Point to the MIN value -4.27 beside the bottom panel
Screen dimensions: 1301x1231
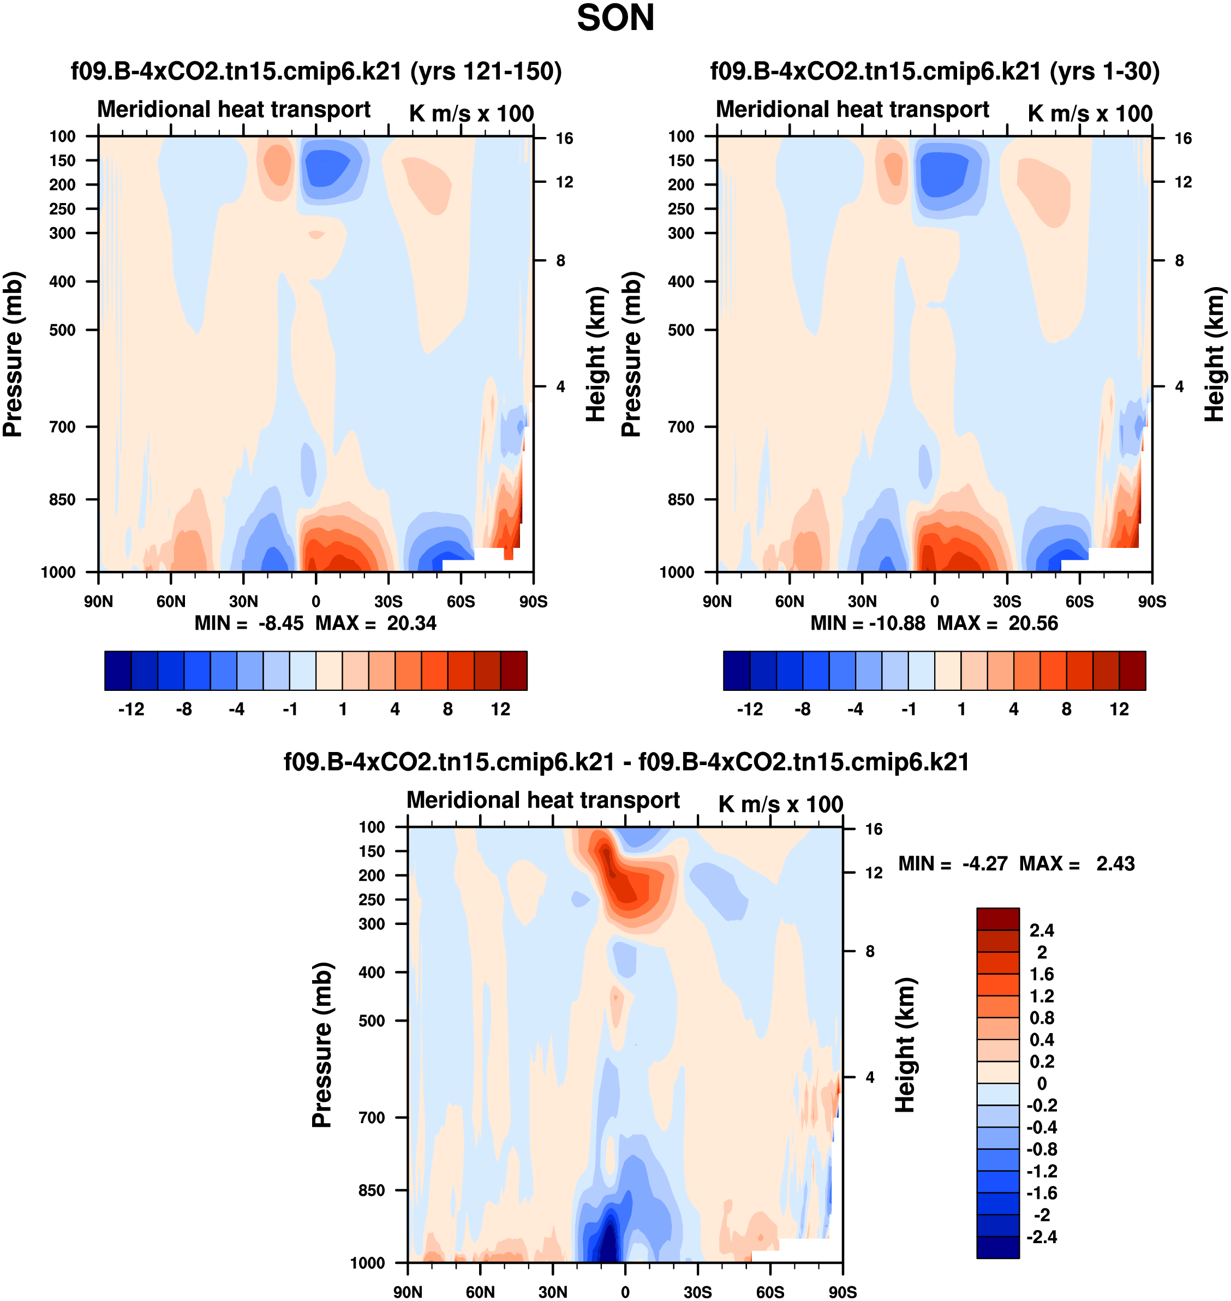[x=984, y=863]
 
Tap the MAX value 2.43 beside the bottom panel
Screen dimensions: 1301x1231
[x=1115, y=863]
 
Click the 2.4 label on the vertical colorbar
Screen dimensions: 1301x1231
[x=1041, y=930]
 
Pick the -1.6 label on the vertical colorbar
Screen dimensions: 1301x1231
[x=1041, y=1193]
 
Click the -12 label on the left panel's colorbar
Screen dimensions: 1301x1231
[x=132, y=709]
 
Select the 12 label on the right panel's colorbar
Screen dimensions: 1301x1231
[x=1119, y=709]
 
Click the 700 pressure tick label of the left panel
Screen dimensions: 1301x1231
[x=62, y=427]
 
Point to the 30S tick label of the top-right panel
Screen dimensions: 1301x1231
[x=1007, y=601]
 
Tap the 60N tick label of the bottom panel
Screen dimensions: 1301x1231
[x=480, y=1292]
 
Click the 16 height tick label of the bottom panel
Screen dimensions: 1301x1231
[x=874, y=829]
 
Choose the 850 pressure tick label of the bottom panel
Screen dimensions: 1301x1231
[x=372, y=1190]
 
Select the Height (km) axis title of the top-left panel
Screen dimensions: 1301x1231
[x=595, y=355]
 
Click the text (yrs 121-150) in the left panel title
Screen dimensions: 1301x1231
[x=486, y=71]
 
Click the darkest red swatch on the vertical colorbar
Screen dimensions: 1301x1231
[x=997, y=919]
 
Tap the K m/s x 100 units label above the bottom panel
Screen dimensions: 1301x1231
[x=780, y=804]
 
